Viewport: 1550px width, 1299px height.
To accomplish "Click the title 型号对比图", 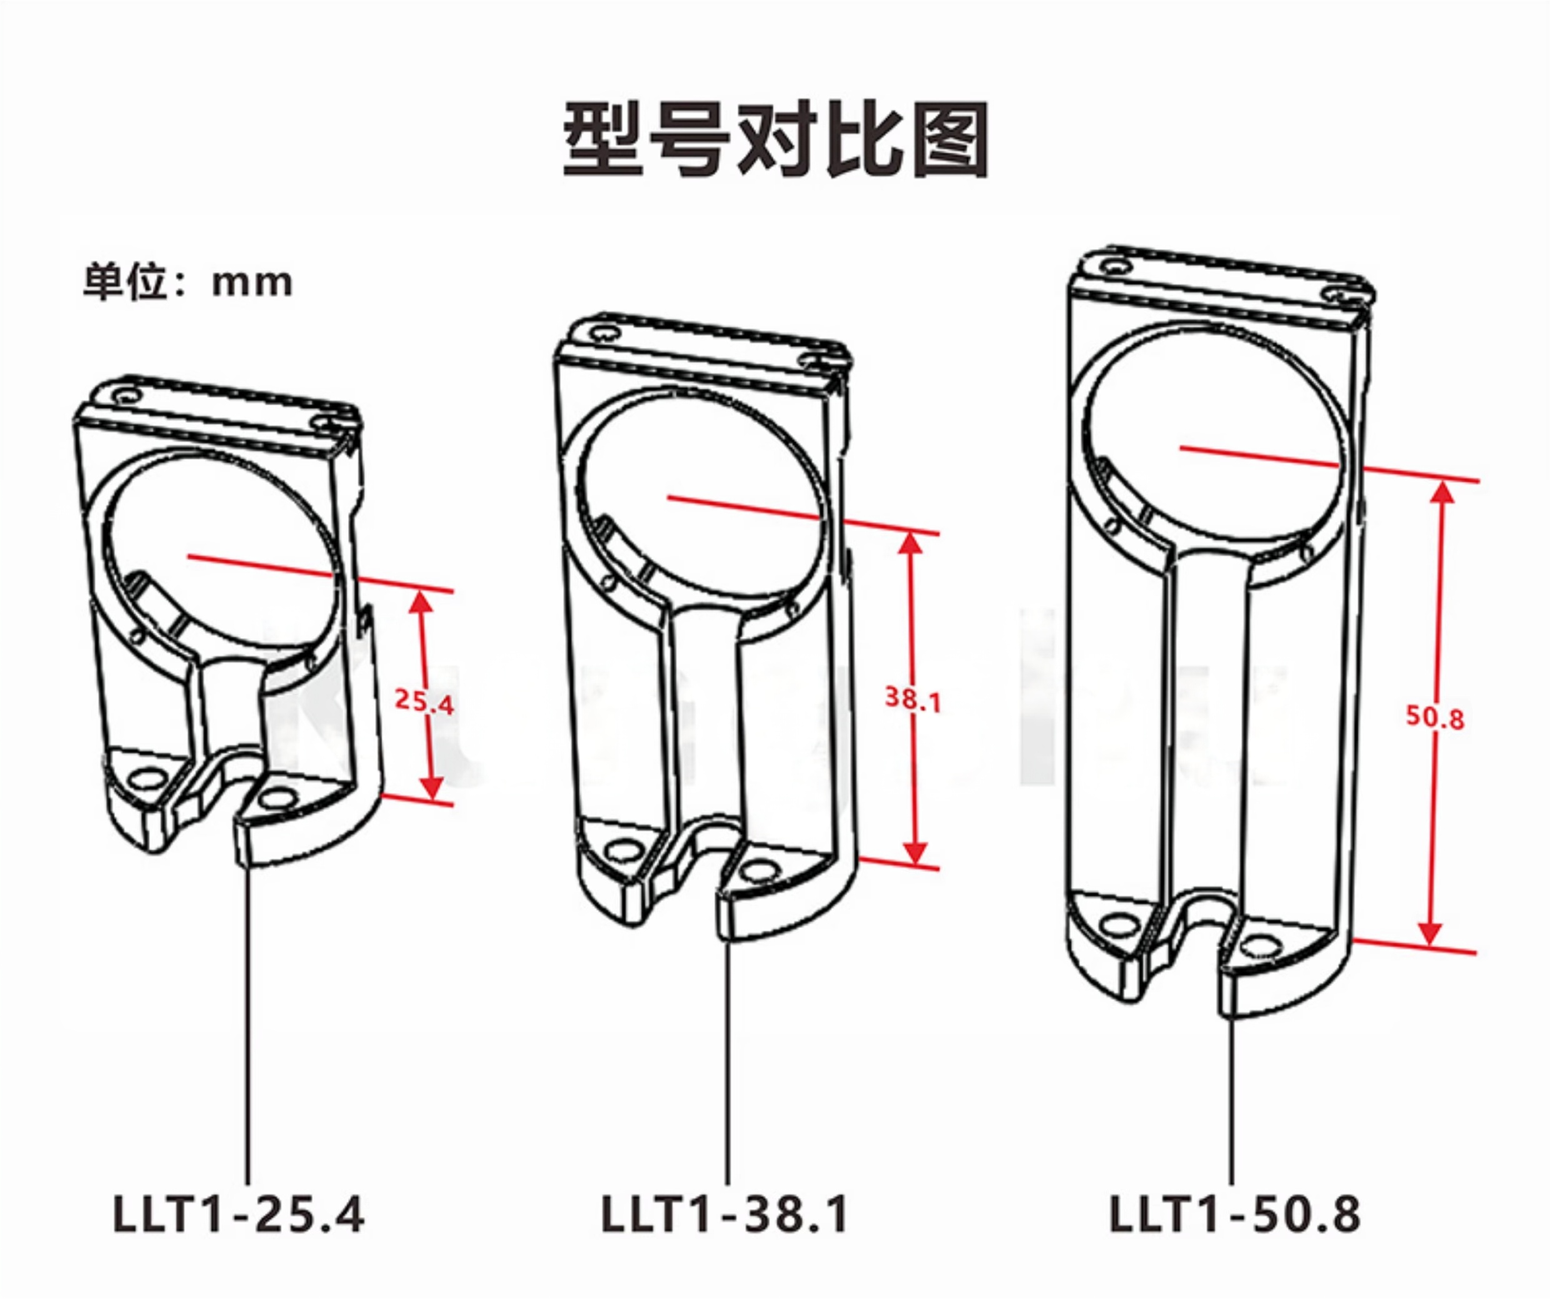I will pos(775,140).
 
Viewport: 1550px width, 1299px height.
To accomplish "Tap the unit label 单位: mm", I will pos(187,282).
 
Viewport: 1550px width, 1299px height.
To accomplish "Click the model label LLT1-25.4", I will pos(238,1214).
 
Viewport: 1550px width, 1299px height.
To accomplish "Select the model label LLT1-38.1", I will pos(725,1214).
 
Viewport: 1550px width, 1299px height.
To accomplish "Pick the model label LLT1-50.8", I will pos(1235,1214).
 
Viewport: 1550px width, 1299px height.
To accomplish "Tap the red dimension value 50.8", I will pos(1434,716).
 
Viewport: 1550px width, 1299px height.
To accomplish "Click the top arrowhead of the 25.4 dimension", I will pos(421,603).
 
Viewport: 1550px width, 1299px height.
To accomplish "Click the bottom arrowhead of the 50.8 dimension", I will pos(1431,935).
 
